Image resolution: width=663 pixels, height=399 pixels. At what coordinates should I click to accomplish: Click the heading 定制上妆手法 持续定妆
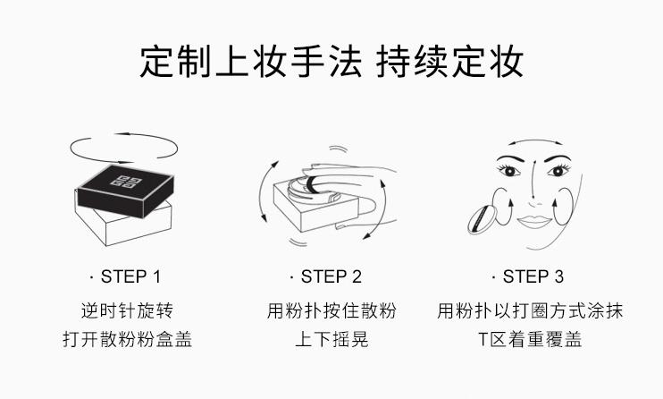(331, 62)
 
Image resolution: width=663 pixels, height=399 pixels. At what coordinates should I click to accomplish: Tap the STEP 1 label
(126, 276)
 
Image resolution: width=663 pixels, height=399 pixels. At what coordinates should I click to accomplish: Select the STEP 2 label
(326, 276)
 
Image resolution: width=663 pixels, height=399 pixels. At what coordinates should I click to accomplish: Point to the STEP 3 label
(528, 276)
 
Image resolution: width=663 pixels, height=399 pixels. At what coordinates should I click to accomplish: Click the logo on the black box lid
(126, 182)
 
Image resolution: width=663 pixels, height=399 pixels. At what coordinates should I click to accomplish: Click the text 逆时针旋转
(127, 310)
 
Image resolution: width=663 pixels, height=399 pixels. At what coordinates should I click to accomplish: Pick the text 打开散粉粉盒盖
(127, 339)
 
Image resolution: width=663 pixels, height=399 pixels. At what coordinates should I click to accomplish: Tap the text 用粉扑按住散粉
(331, 310)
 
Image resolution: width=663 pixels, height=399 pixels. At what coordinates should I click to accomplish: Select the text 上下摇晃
(331, 339)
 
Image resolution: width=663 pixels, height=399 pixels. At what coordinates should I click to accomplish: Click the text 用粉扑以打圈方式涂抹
(530, 310)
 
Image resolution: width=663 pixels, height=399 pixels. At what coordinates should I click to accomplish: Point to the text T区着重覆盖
(530, 339)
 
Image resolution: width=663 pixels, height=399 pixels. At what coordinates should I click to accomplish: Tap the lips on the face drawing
(534, 222)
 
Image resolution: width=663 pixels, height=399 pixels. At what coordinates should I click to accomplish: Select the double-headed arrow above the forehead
(535, 141)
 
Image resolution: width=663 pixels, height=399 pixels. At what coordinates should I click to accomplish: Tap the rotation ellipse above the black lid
(123, 163)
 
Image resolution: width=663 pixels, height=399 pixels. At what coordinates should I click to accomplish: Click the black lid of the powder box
(126, 191)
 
